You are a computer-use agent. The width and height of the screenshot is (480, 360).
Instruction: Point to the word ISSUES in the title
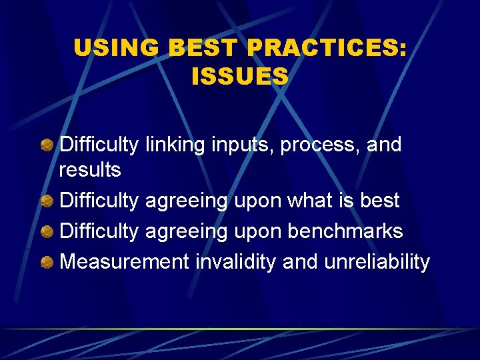coord(240,76)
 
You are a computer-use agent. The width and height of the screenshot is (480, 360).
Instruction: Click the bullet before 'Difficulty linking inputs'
coord(47,145)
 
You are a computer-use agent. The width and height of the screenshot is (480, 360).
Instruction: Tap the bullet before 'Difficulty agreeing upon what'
coord(47,201)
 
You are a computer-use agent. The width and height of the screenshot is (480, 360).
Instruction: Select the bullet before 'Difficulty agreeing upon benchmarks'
coord(47,231)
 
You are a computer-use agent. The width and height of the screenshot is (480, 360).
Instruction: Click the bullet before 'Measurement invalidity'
coord(47,262)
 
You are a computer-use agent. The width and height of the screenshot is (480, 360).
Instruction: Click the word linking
coord(174,145)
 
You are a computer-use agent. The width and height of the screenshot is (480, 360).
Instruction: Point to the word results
coord(90,170)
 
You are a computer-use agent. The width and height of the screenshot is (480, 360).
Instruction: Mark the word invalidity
coord(236,261)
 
